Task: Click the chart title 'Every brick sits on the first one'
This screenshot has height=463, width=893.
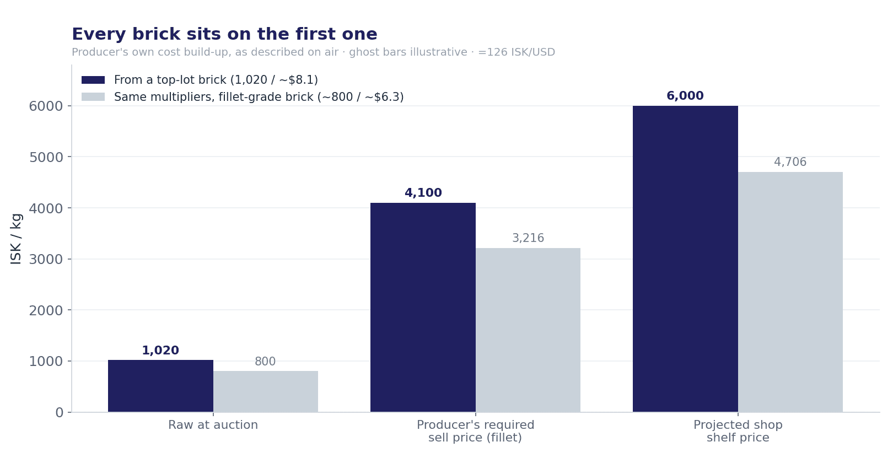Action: [224, 34]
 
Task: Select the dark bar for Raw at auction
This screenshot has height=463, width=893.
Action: [160, 386]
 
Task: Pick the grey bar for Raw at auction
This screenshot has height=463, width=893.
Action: [266, 391]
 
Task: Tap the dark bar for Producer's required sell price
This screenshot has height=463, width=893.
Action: [423, 308]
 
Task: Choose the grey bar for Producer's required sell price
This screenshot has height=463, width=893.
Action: [528, 330]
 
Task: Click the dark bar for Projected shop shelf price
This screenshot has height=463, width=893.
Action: [685, 259]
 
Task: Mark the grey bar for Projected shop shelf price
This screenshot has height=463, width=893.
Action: [790, 292]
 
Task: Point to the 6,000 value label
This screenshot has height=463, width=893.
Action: [685, 96]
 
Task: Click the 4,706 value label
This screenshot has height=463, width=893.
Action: [790, 162]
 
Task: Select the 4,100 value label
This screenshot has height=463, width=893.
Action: [423, 192]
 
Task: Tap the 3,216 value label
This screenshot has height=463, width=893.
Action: [528, 238]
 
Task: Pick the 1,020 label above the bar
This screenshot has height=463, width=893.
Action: [160, 350]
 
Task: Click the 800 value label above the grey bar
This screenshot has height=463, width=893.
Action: [265, 362]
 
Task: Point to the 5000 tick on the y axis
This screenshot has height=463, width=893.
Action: [46, 158]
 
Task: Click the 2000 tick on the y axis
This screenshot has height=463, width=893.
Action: [46, 311]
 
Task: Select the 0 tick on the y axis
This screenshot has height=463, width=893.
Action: [60, 413]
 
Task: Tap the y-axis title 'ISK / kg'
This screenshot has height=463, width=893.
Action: [16, 239]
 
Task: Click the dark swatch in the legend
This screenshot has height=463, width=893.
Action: [93, 80]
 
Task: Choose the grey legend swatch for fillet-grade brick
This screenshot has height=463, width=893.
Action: [93, 97]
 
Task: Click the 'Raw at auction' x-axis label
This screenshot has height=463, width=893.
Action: [213, 425]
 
